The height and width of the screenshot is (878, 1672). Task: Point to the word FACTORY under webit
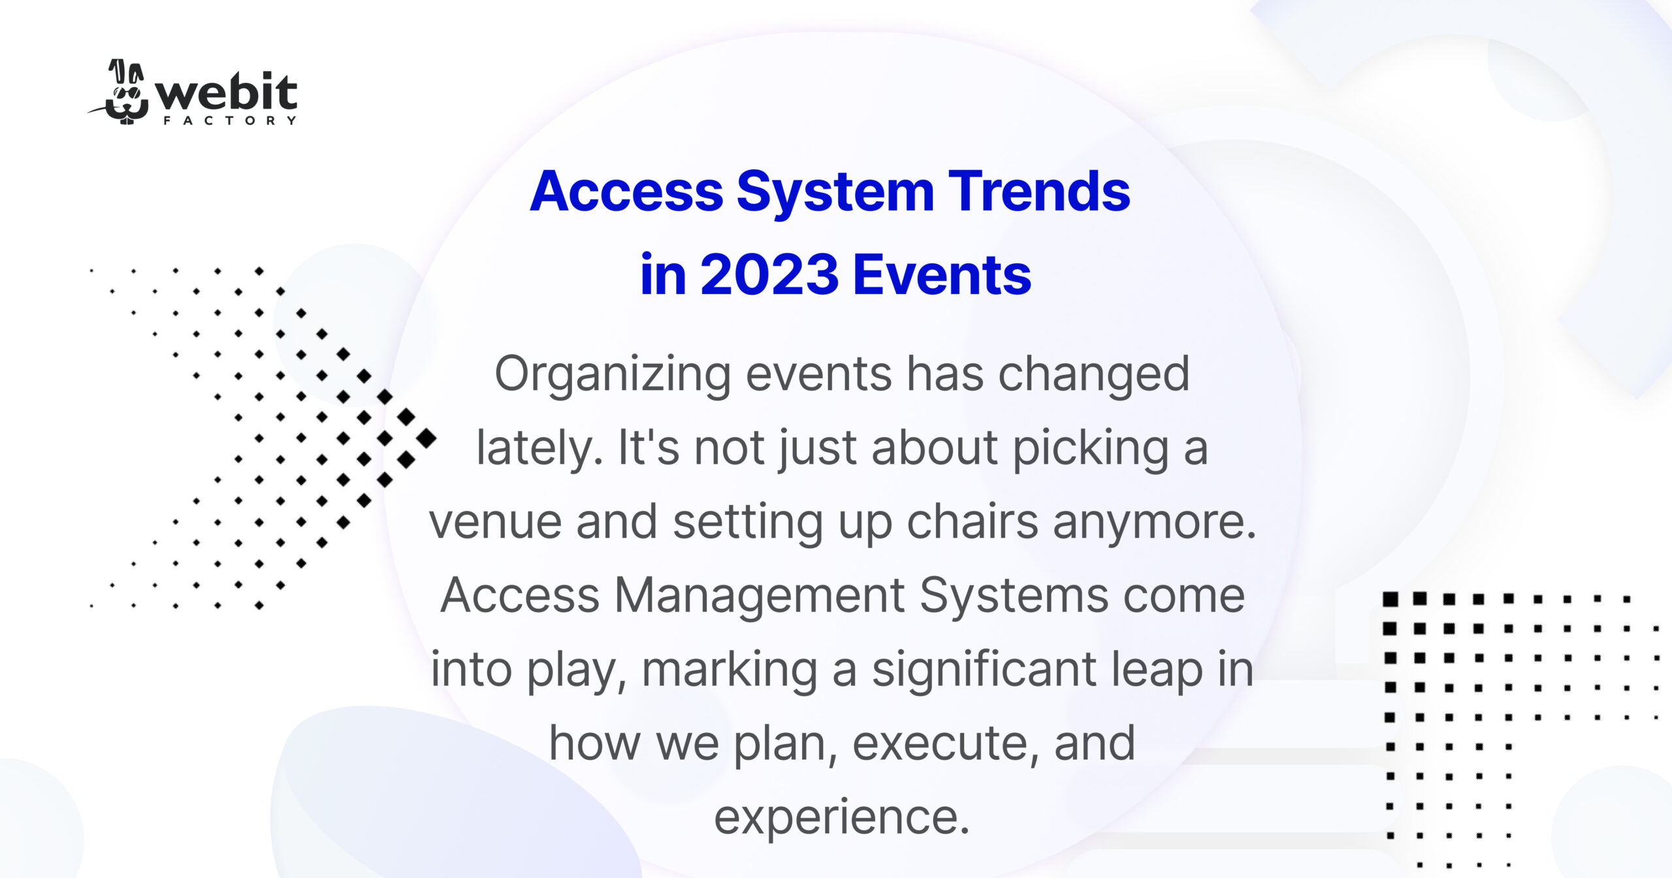click(230, 121)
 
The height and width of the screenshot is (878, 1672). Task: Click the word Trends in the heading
click(1038, 191)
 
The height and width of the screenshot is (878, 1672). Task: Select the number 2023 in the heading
click(769, 275)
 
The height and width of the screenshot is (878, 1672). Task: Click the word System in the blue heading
click(835, 193)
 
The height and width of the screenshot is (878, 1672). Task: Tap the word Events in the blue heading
click(942, 275)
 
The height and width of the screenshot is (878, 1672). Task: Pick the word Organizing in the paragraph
click(612, 375)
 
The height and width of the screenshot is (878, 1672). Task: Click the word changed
click(1094, 375)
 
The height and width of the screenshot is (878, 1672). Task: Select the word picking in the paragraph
click(1090, 449)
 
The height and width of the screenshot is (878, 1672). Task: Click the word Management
click(760, 596)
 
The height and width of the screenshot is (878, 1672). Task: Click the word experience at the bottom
click(841, 817)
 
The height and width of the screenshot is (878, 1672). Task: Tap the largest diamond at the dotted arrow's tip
click(426, 438)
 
